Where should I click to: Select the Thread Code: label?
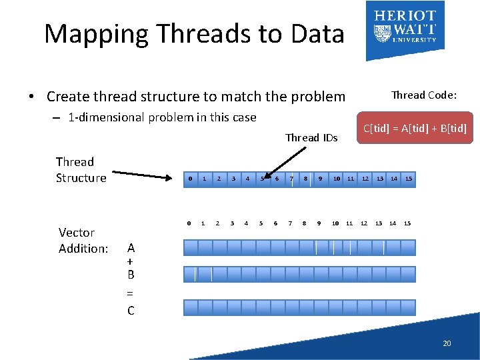pyautogui.click(x=424, y=95)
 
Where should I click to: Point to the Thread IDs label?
pyautogui.click(x=311, y=138)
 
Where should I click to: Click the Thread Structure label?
pyautogui.click(x=81, y=169)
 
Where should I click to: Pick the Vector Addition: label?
pyautogui.click(x=83, y=241)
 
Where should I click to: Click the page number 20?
pyautogui.click(x=447, y=343)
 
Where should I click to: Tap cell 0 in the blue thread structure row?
pyautogui.click(x=190, y=179)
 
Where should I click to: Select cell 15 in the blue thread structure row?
pyautogui.click(x=409, y=179)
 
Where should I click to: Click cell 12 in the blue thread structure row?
pyautogui.click(x=365, y=179)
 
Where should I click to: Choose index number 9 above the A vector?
pyautogui.click(x=319, y=223)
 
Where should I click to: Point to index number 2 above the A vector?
pyautogui.click(x=217, y=223)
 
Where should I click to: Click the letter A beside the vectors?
pyautogui.click(x=131, y=248)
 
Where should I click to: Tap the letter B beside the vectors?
pyautogui.click(x=131, y=274)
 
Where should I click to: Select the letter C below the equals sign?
pyautogui.click(x=131, y=311)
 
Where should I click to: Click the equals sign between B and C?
pyautogui.click(x=130, y=293)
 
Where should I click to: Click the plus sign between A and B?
pyautogui.click(x=130, y=261)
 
